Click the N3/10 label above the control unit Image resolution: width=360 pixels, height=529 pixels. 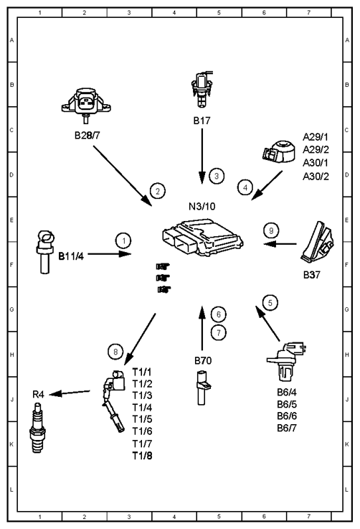pos(202,206)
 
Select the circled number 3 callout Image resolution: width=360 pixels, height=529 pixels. pos(217,176)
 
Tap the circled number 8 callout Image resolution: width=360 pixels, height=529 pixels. pos(115,352)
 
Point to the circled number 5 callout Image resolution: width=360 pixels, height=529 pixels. pos(270,303)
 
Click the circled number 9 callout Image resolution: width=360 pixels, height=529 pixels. pos(271,230)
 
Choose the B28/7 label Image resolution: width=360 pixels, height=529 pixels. pos(87,135)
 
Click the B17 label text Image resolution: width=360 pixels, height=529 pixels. pos(202,121)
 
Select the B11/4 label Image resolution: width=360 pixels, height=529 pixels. pos(71,256)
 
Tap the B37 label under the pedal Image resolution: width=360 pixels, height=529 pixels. pos(312,275)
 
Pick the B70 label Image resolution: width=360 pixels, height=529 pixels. pos(203,360)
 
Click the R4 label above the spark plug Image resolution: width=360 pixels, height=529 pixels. pos(38,394)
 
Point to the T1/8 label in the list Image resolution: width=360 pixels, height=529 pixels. pos(142,456)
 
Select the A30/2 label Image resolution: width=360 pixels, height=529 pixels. pos(316,176)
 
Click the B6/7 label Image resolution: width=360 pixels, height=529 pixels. pos(287,428)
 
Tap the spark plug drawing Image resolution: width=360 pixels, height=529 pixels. pos(37,429)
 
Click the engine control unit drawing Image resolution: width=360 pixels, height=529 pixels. pos(202,237)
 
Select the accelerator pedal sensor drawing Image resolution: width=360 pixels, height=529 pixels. pos(318,242)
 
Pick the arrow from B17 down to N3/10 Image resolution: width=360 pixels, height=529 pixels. pos(202,156)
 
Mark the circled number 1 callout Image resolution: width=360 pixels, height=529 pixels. pos(124,241)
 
